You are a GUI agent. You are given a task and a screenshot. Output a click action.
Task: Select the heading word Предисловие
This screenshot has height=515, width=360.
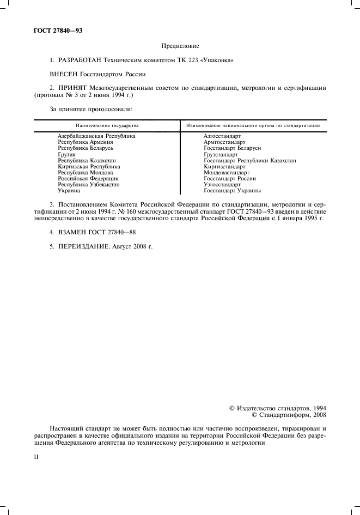(180, 46)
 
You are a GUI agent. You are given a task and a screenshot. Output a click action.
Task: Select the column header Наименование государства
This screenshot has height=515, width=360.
(107, 125)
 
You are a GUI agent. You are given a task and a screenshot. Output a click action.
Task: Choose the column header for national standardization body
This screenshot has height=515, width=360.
(253, 125)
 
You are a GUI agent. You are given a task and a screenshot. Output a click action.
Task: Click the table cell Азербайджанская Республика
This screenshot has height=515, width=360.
(96, 136)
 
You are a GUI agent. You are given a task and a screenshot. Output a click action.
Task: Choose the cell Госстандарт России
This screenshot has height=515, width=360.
(230, 178)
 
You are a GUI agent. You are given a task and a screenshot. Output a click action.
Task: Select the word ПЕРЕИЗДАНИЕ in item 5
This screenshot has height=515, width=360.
(83, 246)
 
